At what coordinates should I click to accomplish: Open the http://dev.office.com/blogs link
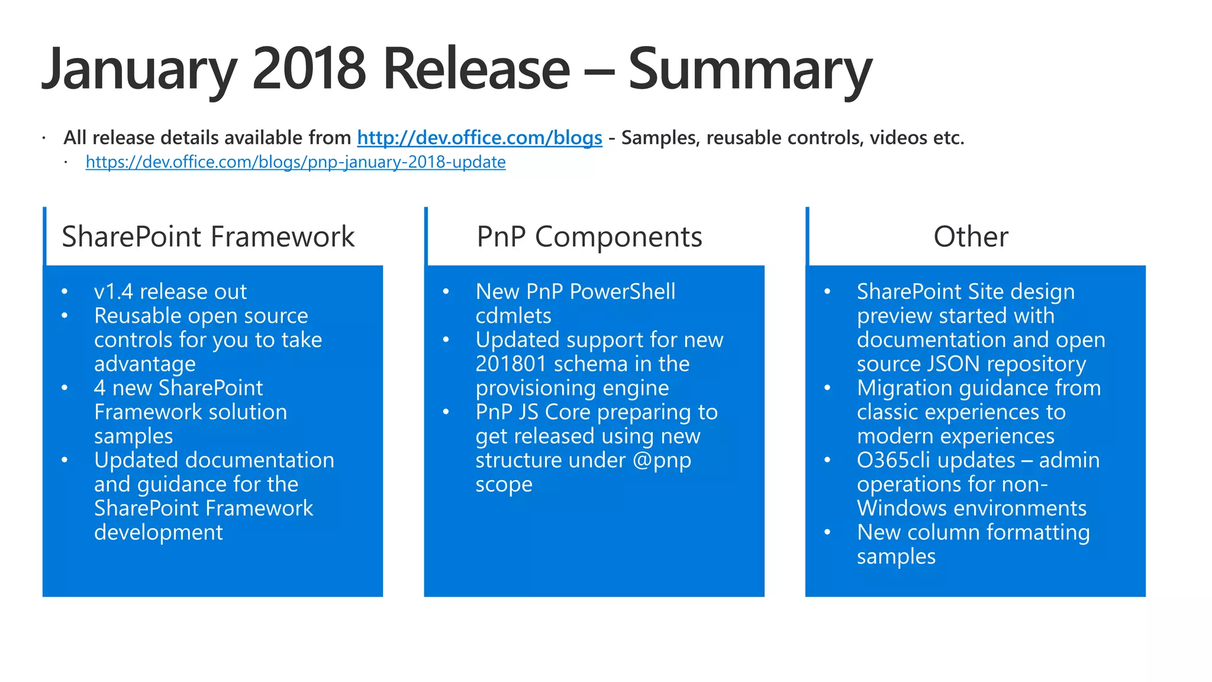point(479,138)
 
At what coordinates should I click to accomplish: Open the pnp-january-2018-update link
point(295,162)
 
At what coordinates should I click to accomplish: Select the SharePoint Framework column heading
point(208,237)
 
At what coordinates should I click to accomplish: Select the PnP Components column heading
point(589,237)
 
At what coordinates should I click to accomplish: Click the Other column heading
point(971,237)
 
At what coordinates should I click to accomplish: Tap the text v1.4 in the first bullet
point(114,292)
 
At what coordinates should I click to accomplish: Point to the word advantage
point(145,364)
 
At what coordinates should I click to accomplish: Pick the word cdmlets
point(513,316)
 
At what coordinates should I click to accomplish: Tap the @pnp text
point(662,461)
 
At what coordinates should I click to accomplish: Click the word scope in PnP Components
point(504,485)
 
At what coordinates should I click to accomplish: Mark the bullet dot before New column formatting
point(827,532)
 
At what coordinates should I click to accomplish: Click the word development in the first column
point(158,533)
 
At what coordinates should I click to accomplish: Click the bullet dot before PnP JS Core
point(446,412)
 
